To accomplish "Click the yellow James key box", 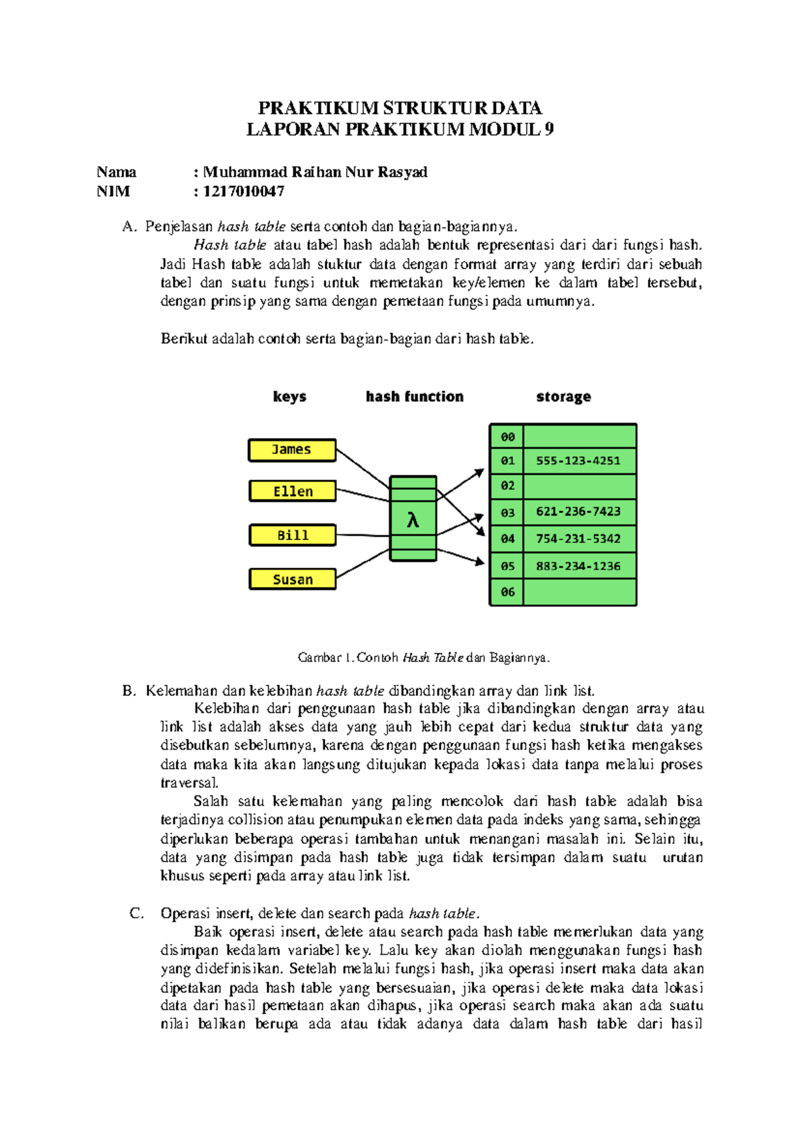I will coord(292,450).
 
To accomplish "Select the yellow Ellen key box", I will coord(293,491).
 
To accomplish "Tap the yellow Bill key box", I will coord(293,535).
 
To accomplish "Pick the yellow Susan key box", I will coord(293,580).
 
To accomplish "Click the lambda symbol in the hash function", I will coord(413,520).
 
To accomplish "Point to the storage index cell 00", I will coord(507,437).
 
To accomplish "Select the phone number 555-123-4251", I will coord(578,461).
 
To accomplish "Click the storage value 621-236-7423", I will coord(578,512).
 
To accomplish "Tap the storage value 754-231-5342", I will coord(578,539).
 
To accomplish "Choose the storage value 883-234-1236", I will coord(578,566).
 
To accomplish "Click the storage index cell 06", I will coord(507,592).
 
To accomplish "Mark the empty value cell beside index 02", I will coord(579,486).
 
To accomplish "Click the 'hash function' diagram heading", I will coord(415,397).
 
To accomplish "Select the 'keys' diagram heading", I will coord(289,397).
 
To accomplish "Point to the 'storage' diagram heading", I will coord(563,397).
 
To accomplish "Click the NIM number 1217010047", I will coord(243,192).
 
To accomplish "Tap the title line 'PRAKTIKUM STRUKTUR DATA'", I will coord(400,108).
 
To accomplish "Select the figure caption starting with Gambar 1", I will coord(423,658).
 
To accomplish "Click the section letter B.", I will coord(129,691).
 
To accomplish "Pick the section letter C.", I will coord(136,914).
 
